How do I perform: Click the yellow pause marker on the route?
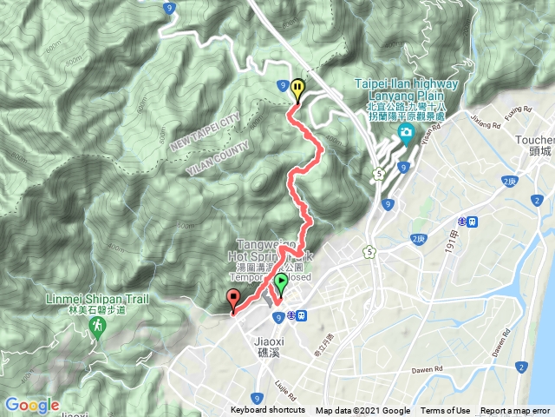297,88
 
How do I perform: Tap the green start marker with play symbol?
281,284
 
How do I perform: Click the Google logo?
31,405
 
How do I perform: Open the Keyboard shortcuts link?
268,411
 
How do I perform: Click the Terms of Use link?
446,411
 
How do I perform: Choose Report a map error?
515,411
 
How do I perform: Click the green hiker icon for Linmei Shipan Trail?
97,327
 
